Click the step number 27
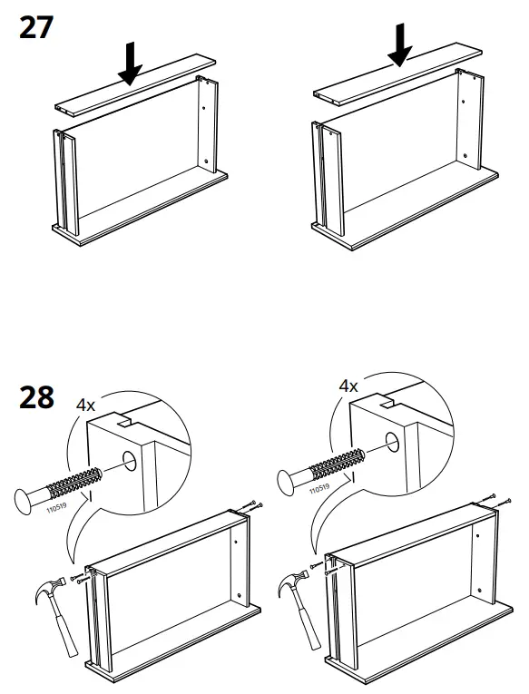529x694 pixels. click(x=35, y=27)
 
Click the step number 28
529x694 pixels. click(x=35, y=397)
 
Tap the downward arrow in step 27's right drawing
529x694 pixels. click(x=399, y=44)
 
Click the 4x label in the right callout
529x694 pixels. click(x=348, y=386)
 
